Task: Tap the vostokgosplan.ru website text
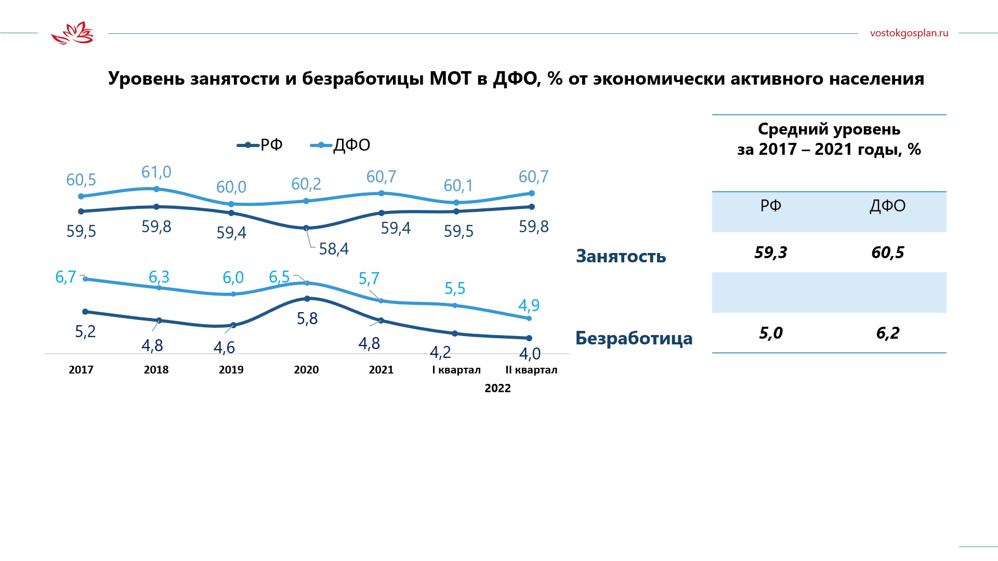(909, 33)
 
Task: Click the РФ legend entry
(260, 145)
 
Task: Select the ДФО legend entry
(341, 145)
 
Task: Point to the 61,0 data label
(156, 172)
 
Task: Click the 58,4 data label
(334, 249)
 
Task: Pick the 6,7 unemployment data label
(65, 277)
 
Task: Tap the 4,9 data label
(529, 305)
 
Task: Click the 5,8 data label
(307, 318)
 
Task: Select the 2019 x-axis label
(231, 370)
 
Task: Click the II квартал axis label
(531, 370)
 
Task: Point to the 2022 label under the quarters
(497, 389)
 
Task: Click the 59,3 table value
(770, 253)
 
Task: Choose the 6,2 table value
(887, 333)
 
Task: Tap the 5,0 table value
(770, 333)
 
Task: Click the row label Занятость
(621, 257)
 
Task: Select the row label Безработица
(634, 338)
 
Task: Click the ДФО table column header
(887, 206)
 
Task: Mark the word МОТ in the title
(450, 78)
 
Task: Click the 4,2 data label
(440, 353)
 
